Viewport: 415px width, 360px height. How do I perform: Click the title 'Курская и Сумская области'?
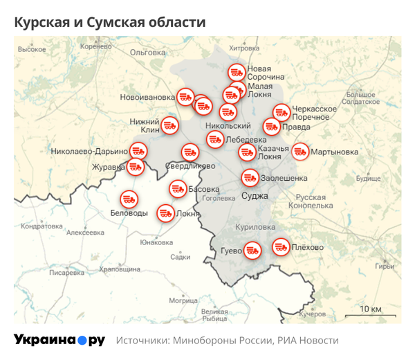tap(110, 22)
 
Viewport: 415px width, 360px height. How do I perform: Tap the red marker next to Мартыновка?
tap(300, 151)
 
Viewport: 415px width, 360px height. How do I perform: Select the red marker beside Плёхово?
tap(280, 246)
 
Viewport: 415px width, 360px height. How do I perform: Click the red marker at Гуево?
tap(252, 250)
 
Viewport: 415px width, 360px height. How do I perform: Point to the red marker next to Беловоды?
tap(129, 199)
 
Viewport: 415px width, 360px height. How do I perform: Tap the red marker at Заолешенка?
tap(250, 177)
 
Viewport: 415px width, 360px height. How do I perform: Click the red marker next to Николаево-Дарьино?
tap(139, 151)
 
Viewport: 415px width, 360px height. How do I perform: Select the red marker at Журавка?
tap(135, 166)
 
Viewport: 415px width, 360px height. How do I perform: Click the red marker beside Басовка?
tap(177, 188)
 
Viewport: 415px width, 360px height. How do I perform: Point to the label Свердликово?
tap(190, 165)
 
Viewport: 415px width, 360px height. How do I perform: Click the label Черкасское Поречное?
tap(315, 113)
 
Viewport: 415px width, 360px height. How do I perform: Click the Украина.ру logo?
tap(59, 340)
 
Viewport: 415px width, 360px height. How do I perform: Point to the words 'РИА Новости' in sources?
tap(308, 341)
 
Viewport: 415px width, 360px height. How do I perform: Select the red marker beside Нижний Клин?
tap(170, 126)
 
